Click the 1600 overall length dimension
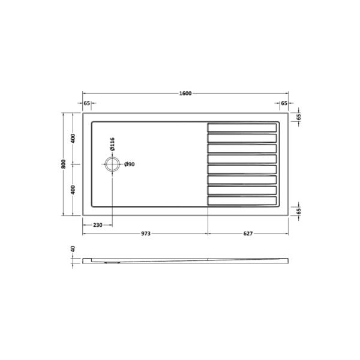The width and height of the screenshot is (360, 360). click(185, 94)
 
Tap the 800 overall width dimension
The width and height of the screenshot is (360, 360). click(64, 164)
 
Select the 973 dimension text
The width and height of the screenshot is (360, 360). click(146, 233)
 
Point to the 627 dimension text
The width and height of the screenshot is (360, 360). click(248, 233)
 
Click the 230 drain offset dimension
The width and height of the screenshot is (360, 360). click(98, 225)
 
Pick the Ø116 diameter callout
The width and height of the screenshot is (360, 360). click(112, 144)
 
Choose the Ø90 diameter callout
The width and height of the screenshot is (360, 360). click(130, 164)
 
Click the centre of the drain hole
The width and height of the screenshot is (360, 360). click(112, 164)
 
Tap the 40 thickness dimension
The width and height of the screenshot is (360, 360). click(73, 249)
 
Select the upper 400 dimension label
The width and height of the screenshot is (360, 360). click(73, 139)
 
